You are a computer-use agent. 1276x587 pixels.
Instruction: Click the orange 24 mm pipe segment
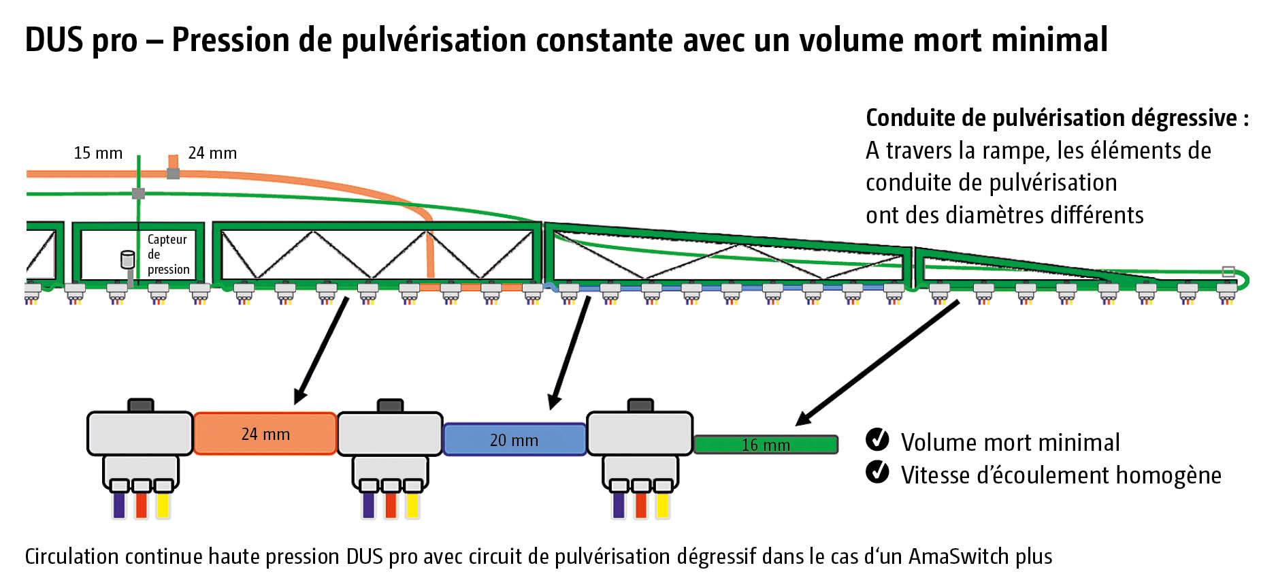point(265,433)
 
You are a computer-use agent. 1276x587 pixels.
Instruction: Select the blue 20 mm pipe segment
point(514,440)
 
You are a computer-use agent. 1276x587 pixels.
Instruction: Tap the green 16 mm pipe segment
point(766,445)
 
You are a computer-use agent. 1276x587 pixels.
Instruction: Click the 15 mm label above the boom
point(98,153)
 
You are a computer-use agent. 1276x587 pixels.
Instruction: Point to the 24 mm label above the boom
point(212,153)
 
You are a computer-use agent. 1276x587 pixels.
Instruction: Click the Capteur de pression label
point(167,254)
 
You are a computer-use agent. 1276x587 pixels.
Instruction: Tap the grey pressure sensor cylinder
point(127,259)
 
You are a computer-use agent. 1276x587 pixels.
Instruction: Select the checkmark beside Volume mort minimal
point(877,440)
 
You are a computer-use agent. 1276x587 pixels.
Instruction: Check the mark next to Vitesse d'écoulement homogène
point(877,471)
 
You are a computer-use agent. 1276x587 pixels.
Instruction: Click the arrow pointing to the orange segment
point(321,350)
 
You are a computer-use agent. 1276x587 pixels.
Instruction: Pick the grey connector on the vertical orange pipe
point(174,173)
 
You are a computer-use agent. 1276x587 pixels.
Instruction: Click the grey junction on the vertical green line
point(138,193)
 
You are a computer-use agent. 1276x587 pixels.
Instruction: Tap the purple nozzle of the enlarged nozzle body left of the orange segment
point(119,505)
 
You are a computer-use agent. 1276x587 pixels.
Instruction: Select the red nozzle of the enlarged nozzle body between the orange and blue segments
point(391,505)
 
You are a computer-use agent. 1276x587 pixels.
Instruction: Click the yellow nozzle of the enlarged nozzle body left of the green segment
point(662,505)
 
